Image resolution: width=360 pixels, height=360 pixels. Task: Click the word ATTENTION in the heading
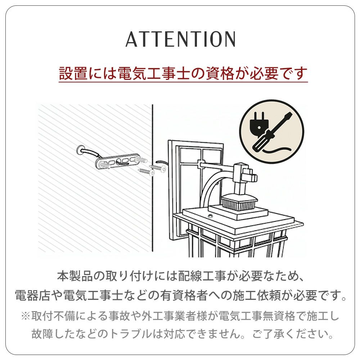[x=180, y=39]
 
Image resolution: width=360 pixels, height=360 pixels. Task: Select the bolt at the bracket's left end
[x=104, y=165]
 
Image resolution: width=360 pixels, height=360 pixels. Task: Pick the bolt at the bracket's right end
[x=140, y=160]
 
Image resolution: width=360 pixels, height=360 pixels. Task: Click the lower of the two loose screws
[x=147, y=172]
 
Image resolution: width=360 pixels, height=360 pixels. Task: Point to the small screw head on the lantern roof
[x=210, y=216]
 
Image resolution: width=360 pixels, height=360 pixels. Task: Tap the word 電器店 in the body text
[x=32, y=296]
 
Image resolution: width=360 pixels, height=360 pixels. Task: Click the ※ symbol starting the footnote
[x=25, y=316]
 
